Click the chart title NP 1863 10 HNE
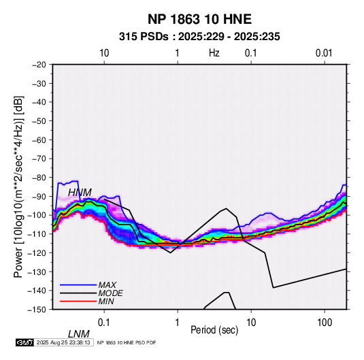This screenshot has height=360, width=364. point(199,19)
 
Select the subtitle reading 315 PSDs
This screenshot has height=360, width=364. point(144,37)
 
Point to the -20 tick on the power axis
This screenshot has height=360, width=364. point(39,65)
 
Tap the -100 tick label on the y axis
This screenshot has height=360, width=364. point(37,215)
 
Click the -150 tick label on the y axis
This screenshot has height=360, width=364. point(37,310)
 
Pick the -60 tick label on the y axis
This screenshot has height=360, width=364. point(39,140)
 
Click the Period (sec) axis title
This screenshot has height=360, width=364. point(214,330)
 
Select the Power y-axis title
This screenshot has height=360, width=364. point(18,187)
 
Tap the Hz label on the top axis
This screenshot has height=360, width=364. point(214,53)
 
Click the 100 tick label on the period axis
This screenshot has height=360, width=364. point(325,323)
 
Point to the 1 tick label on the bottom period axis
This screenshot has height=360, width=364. point(178,323)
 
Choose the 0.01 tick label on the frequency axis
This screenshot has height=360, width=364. point(324,53)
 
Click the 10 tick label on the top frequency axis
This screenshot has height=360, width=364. point(104,53)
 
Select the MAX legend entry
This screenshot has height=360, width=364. point(107,285)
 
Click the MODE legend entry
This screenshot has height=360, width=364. point(110,293)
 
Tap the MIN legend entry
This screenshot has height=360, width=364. point(106,301)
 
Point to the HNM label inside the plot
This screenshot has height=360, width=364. point(80,193)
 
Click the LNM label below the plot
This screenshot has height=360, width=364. point(79,334)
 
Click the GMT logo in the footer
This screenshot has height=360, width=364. point(25,342)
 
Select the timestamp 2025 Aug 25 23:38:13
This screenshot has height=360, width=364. point(63,342)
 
